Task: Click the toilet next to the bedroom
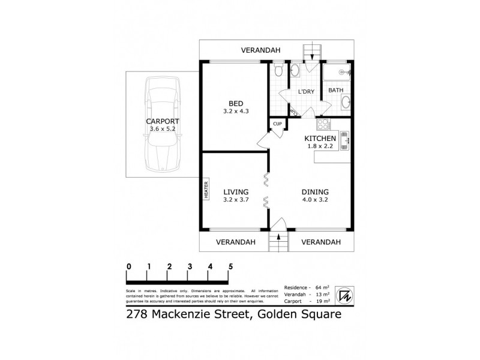277,71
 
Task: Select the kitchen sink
346,142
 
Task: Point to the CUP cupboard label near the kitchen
277,124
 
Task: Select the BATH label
335,91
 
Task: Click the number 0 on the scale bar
128,266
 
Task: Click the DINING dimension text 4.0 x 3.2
314,200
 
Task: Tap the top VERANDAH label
261,50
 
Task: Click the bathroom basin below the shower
345,102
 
